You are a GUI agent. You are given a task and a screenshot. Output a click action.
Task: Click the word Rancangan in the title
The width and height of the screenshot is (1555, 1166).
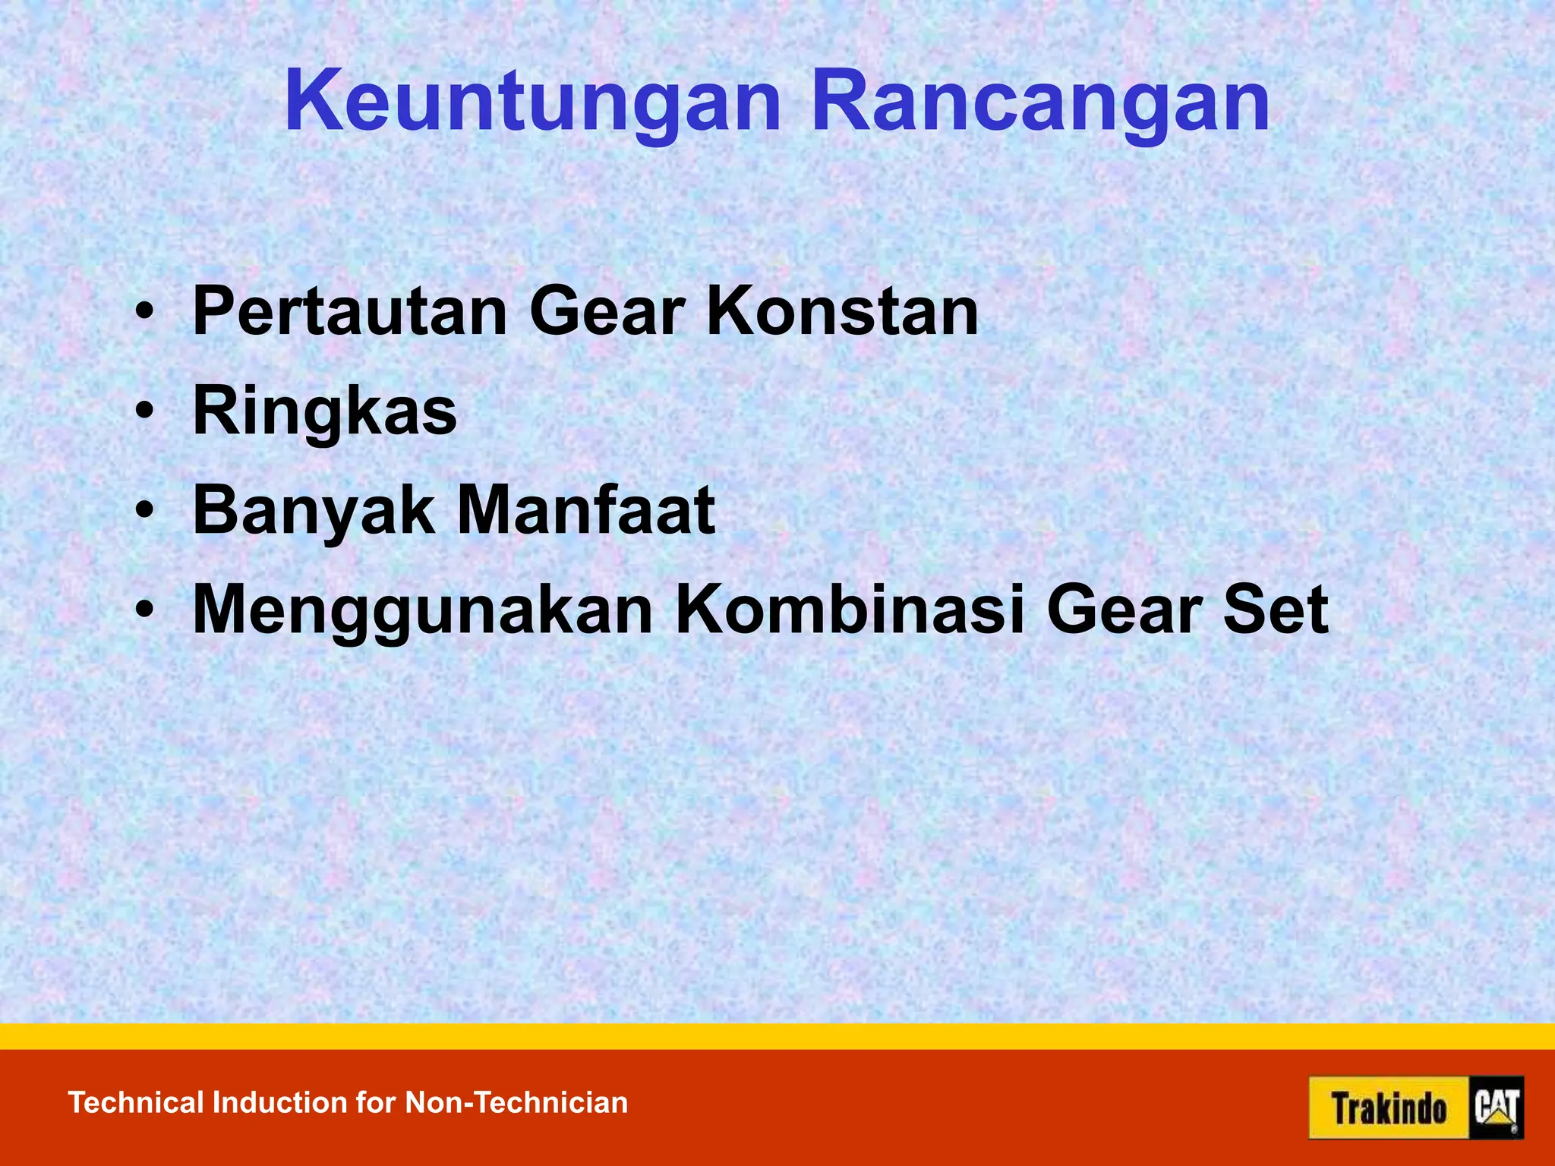1040,102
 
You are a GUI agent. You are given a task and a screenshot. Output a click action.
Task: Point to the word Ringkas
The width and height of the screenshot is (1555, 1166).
325,411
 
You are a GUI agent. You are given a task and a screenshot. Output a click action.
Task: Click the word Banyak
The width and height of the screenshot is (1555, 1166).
314,511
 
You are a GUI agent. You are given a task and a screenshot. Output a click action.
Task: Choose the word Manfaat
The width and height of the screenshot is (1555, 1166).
586,511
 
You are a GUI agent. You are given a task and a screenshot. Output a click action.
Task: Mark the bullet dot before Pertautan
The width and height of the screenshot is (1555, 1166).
144,312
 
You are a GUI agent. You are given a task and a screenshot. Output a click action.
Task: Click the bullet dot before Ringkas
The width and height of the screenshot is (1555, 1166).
144,412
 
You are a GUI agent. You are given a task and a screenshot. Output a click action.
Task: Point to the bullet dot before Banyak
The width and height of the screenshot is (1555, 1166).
144,512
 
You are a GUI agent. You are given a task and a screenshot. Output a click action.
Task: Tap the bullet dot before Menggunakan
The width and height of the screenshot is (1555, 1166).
144,611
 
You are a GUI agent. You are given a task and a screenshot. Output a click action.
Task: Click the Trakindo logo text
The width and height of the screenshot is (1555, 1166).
1389,1108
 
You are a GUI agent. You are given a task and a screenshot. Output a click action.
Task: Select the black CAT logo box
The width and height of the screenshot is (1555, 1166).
1497,1108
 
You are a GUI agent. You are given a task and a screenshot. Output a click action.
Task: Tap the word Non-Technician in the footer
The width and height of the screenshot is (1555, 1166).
516,1103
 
